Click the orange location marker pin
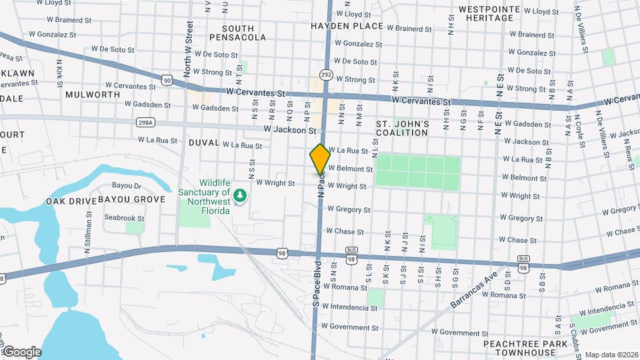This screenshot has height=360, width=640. click(x=320, y=159)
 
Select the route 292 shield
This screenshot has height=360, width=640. click(x=325, y=75)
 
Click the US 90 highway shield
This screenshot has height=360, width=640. click(x=166, y=79)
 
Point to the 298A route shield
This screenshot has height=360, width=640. click(x=145, y=122)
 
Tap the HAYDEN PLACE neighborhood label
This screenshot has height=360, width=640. click(x=347, y=26)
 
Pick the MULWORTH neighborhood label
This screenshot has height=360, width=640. click(x=93, y=95)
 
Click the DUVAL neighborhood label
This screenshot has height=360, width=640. click(x=204, y=142)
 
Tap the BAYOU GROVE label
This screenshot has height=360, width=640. click(x=131, y=199)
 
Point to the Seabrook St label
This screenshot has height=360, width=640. click(x=124, y=218)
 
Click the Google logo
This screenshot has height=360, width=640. click(x=22, y=352)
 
